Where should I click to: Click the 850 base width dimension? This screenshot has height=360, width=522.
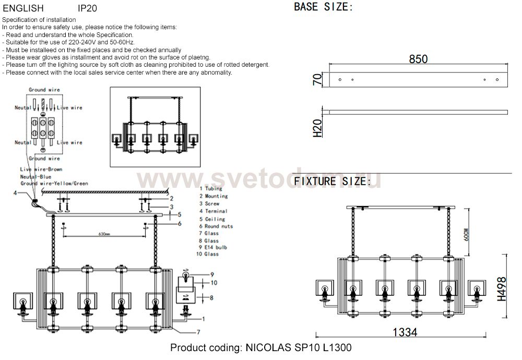418,59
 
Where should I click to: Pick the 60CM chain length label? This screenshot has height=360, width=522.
466,234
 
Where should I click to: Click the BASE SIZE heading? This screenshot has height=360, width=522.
323,7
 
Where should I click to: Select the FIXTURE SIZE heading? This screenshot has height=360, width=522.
332,182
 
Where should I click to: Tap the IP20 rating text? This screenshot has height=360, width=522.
87,8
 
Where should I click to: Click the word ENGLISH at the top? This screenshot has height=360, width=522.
23,8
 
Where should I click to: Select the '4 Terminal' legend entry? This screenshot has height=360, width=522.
213,211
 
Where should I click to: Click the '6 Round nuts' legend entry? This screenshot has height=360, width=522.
216,226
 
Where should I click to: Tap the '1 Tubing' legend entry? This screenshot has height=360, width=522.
211,189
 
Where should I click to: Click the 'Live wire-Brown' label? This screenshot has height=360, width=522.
41,170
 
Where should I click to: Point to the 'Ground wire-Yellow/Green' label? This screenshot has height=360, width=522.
54,184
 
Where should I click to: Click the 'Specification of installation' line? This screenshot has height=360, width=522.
39,20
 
